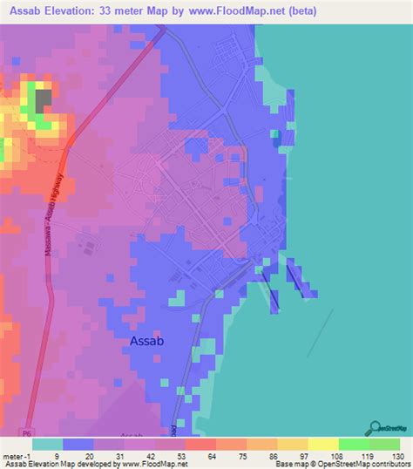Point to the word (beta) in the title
(x=305, y=11)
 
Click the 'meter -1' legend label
(x=17, y=456)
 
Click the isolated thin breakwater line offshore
(x=320, y=330)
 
